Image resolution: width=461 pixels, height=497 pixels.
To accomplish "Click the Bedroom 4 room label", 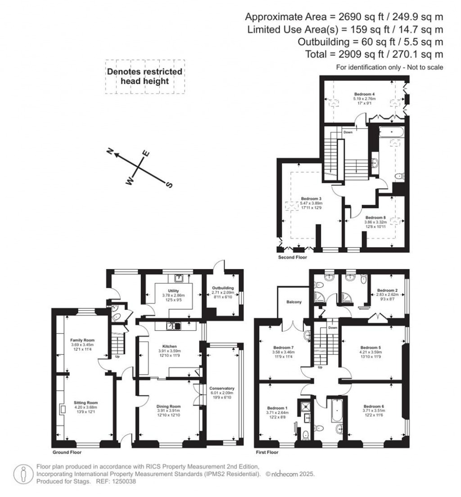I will tap(365, 94).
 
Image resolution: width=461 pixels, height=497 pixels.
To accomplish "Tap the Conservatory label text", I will tap(222, 388).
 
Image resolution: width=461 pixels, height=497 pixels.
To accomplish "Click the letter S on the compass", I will tap(169, 185).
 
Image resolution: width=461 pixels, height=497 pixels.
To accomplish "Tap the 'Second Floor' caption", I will tap(293, 258).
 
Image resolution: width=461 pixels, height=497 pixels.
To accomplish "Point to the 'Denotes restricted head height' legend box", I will tap(145, 77).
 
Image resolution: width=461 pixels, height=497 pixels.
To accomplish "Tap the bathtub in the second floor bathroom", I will tap(391, 132).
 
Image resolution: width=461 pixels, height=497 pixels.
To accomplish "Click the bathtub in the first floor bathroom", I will tap(337, 411).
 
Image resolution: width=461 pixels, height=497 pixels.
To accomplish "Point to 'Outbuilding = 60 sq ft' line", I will tap(371, 42).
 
